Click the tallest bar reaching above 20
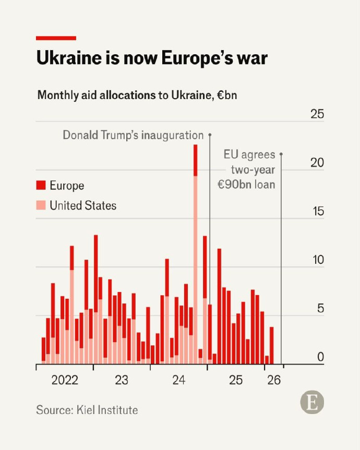(196, 254)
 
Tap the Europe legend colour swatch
(41, 185)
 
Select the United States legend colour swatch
(41, 205)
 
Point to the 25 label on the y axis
(317, 114)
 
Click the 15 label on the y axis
(318, 211)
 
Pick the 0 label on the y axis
(321, 357)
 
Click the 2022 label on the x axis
(65, 380)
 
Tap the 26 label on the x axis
(274, 380)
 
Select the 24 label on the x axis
(179, 380)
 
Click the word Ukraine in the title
(69, 58)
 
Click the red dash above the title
(56, 38)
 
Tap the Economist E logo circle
(312, 403)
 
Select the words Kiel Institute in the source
(107, 410)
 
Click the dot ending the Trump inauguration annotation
(210, 135)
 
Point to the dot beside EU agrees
(281, 154)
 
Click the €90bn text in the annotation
(234, 185)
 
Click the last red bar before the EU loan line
(272, 346)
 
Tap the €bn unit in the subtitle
(227, 95)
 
